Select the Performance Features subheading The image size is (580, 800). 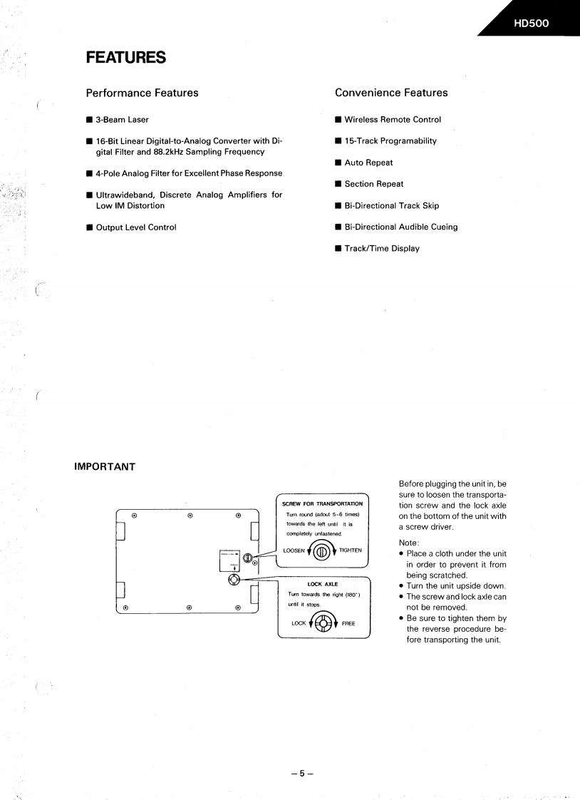coord(142,93)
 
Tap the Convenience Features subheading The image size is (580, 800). coord(391,93)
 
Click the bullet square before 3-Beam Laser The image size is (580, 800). coord(89,120)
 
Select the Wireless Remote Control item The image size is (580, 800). coord(393,120)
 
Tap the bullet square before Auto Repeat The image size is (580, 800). coord(338,163)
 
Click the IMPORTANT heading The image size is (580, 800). coord(105,467)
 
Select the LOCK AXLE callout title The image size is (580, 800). coord(323,584)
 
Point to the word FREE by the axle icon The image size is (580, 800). coord(348,623)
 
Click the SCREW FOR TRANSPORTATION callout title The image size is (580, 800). coord(323,504)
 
